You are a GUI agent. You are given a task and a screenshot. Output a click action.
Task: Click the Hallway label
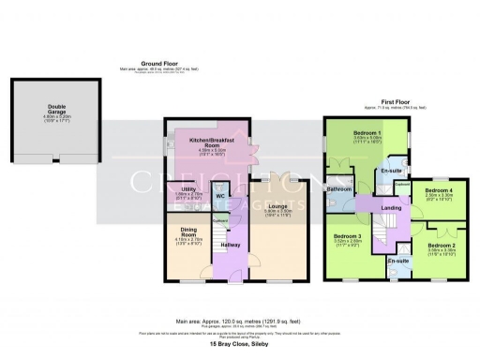[x=230, y=245]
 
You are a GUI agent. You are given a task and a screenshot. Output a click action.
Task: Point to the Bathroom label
[x=338, y=188]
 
